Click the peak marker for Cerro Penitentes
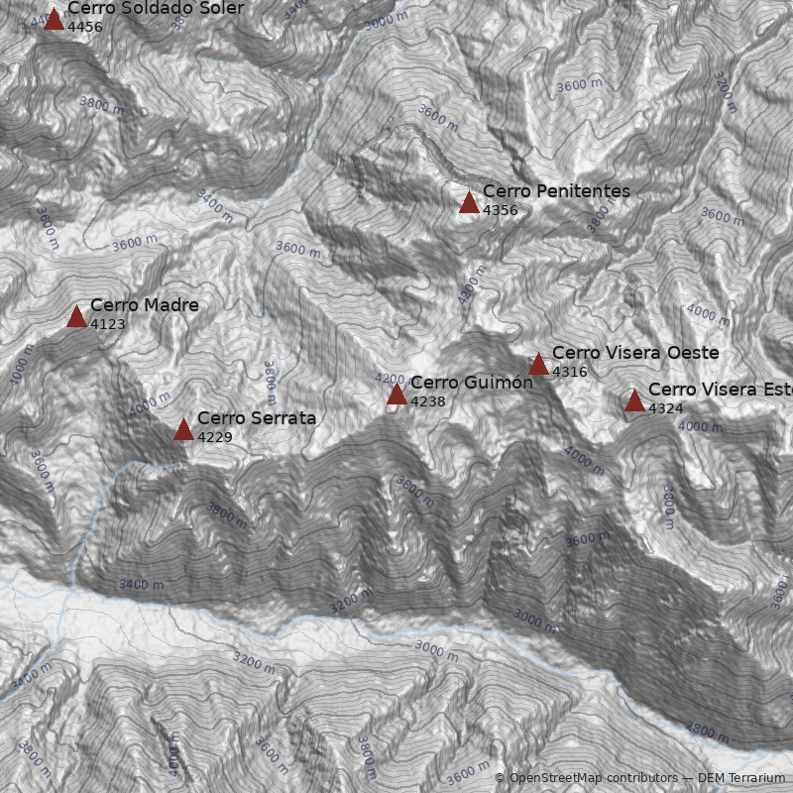[469, 203]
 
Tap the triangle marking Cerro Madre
[76, 317]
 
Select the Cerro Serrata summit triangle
[183, 430]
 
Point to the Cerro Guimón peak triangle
[396, 396]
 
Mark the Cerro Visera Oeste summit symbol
[538, 365]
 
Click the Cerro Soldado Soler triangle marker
[54, 20]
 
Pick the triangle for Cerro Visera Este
[634, 401]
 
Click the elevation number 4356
[500, 210]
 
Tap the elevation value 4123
[107, 324]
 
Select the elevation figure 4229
[214, 437]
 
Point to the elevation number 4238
[427, 402]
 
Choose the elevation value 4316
[569, 373]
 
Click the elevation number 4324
[665, 408]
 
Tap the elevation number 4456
[84, 27]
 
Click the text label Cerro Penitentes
[556, 191]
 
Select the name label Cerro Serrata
[257, 418]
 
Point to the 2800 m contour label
[708, 733]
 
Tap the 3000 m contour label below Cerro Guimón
[437, 650]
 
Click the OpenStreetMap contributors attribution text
[584, 778]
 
